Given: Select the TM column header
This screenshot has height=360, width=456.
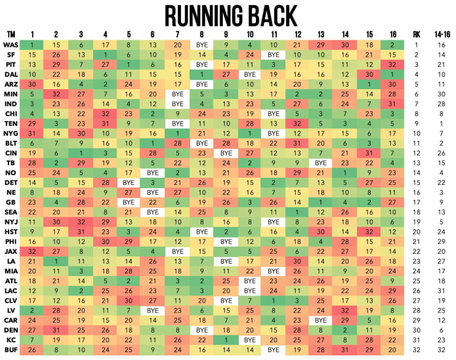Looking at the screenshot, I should (x=11, y=34).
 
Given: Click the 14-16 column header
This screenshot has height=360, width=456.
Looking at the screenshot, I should (x=441, y=34).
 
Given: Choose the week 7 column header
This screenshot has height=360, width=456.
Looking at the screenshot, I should (x=177, y=34).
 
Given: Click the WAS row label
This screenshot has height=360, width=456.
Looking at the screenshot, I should (x=11, y=45).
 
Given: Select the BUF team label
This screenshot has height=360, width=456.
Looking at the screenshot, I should (x=11, y=349).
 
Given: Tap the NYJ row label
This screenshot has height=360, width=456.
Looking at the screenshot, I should (x=11, y=221).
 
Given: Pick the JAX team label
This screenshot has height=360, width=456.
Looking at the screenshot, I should (x=11, y=251).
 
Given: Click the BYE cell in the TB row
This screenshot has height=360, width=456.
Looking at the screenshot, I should (x=320, y=162).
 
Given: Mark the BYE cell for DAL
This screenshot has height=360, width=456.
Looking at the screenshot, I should (x=248, y=74).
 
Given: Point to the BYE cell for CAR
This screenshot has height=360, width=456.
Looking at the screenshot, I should (x=320, y=320).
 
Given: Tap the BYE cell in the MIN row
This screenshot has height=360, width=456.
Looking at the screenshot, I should (x=177, y=94).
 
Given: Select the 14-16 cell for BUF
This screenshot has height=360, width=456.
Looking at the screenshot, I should (x=441, y=349).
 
